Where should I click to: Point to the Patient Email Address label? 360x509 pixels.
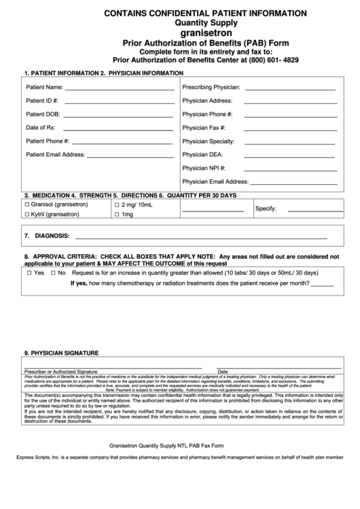55,154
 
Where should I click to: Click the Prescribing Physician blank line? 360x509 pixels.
290,89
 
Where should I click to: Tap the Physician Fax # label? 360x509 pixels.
204,128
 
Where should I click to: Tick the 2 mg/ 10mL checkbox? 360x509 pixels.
117,205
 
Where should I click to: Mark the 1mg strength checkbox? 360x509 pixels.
117,215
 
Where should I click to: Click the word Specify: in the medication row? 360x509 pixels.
265,208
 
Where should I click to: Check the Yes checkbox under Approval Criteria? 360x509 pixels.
29,273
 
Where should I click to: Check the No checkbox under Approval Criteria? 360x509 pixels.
52,273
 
